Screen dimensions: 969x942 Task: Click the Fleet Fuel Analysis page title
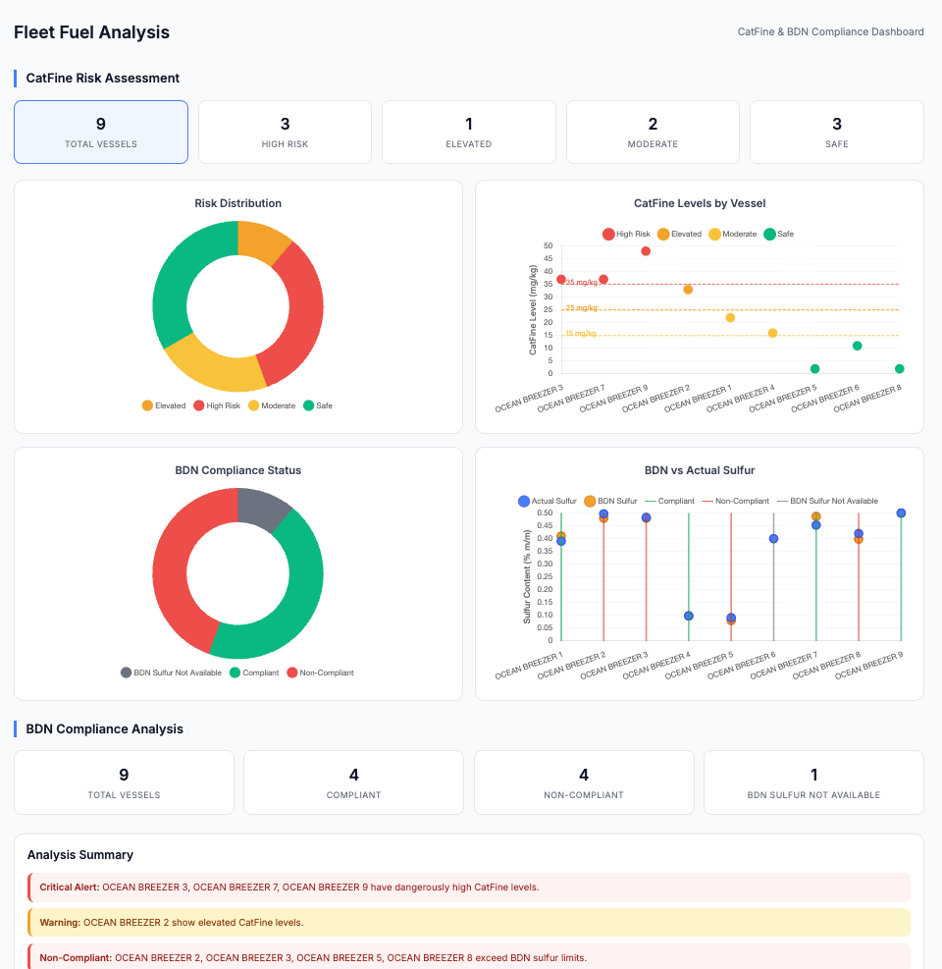(91, 32)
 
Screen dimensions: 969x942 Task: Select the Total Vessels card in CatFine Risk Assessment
(101, 132)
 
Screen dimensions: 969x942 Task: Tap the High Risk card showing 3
(285, 132)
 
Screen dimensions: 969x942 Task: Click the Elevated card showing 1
(468, 132)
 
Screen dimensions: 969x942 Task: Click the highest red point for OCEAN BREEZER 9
(646, 251)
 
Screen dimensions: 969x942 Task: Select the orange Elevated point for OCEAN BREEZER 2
(688, 290)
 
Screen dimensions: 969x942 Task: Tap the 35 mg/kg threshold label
(581, 283)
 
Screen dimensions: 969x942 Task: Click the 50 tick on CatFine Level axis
(548, 246)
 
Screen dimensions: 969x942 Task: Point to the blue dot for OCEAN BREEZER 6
(773, 539)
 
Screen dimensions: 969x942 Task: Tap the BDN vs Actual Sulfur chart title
(699, 470)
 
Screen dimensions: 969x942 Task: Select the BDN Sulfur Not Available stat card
(813, 782)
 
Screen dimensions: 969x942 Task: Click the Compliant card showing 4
(353, 782)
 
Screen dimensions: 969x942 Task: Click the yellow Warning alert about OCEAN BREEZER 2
(469, 923)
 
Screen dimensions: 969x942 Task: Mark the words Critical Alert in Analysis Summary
(69, 888)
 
